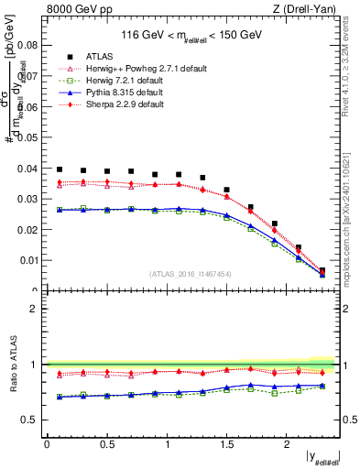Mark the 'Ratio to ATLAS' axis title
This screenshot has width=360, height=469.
[x=16, y=365]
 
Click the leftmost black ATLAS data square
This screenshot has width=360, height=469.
[x=60, y=169]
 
